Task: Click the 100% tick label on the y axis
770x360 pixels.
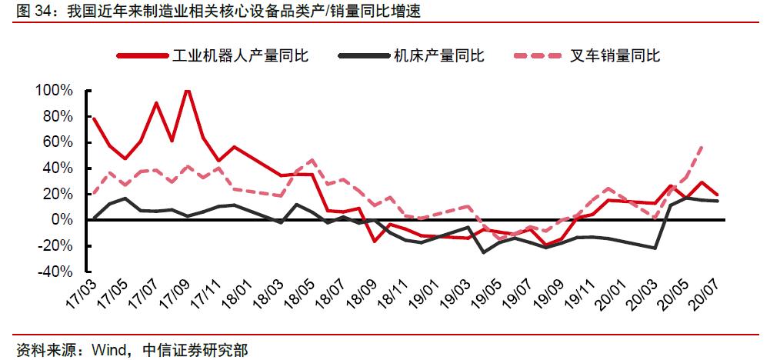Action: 54,90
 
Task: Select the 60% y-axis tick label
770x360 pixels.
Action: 58,142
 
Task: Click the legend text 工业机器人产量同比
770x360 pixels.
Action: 240,55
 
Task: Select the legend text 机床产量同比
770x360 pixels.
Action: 438,55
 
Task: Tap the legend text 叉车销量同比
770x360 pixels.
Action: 615,55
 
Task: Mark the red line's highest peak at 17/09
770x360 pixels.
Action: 187,90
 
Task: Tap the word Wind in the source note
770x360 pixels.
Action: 108,350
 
